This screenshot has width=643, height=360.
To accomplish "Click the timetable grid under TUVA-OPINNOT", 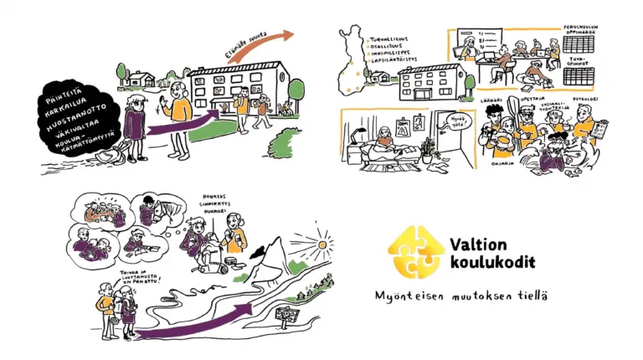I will [x=584, y=78].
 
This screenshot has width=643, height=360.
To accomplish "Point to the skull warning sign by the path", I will [x=288, y=317].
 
